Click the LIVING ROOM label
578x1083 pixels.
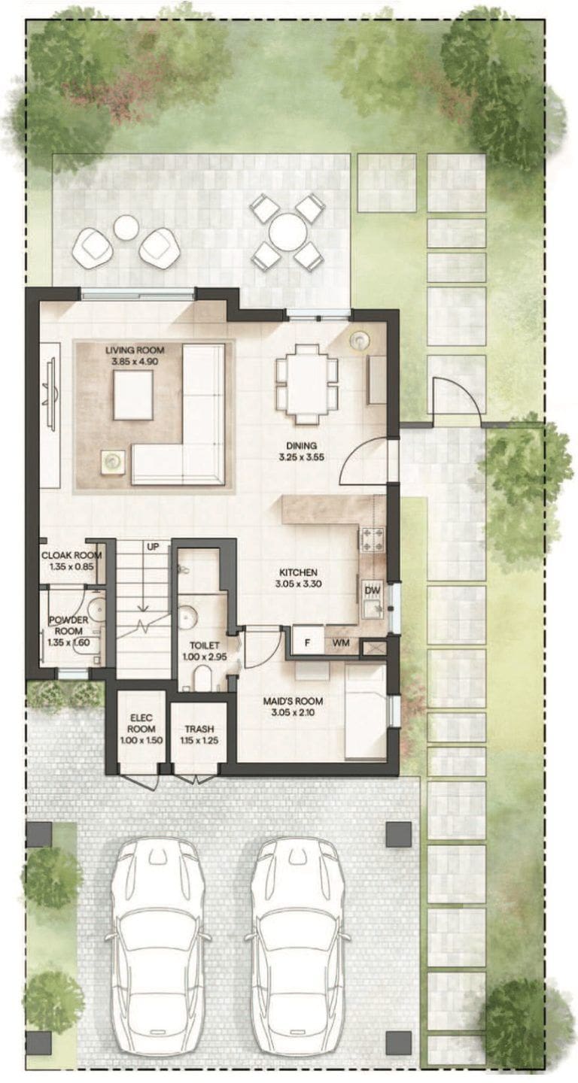pos(135,350)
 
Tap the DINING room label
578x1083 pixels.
pos(301,446)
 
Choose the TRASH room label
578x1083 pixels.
pos(199,729)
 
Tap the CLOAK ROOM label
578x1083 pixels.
pos(71,556)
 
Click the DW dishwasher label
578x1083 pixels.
pos(372,590)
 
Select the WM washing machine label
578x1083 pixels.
pos(339,644)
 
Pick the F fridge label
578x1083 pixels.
pos(306,644)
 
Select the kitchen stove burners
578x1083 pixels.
pos(372,539)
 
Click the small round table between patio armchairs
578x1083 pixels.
pos(126,227)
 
